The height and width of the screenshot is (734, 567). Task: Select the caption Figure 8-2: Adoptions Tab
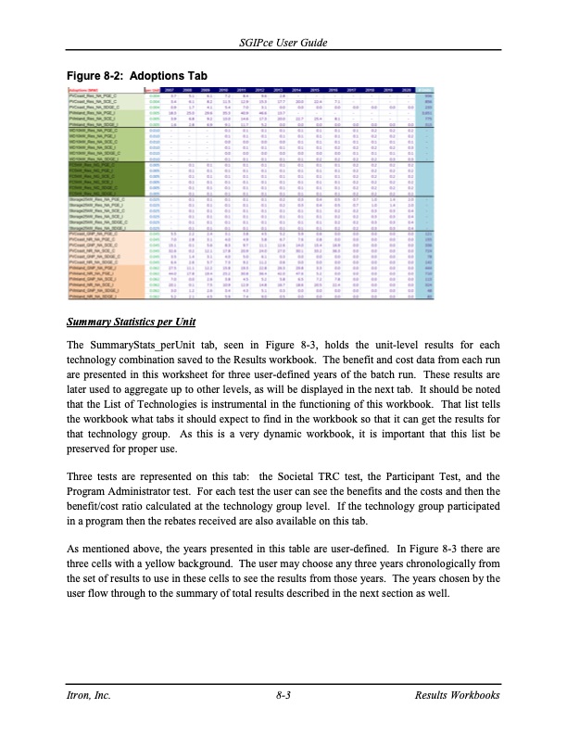(136, 75)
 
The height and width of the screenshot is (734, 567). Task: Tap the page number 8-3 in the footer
(283, 694)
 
